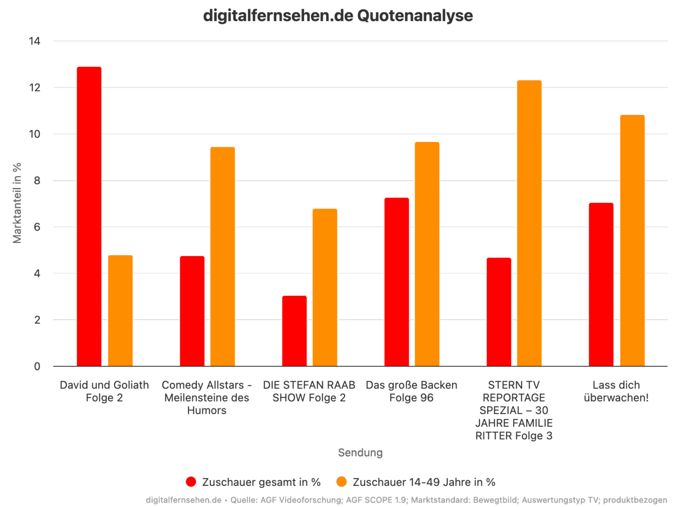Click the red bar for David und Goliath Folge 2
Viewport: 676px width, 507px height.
[89, 216]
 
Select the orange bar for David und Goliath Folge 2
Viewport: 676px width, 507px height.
[120, 311]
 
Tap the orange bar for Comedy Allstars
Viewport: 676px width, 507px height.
[223, 256]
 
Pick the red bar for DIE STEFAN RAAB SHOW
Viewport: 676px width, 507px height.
[294, 331]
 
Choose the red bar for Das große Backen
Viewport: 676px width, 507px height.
[397, 282]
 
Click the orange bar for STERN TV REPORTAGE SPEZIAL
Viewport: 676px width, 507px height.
[529, 223]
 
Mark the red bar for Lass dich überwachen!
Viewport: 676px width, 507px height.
[601, 284]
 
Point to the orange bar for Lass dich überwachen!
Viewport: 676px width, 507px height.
[632, 241]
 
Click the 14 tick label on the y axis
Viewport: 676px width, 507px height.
[34, 41]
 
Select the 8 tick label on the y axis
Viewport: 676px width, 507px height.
[37, 181]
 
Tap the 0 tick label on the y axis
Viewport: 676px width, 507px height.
[37, 366]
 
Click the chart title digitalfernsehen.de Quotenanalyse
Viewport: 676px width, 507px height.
[338, 16]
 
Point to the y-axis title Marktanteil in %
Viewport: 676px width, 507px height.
[18, 203]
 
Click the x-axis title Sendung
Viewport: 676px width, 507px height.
[360, 452]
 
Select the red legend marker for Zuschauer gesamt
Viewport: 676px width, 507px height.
[191, 482]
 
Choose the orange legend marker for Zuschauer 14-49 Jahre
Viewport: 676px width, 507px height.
[342, 482]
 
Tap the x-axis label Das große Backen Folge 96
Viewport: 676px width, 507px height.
[411, 391]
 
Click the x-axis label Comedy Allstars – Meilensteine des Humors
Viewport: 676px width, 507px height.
[207, 397]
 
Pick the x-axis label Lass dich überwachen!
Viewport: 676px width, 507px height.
[616, 391]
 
